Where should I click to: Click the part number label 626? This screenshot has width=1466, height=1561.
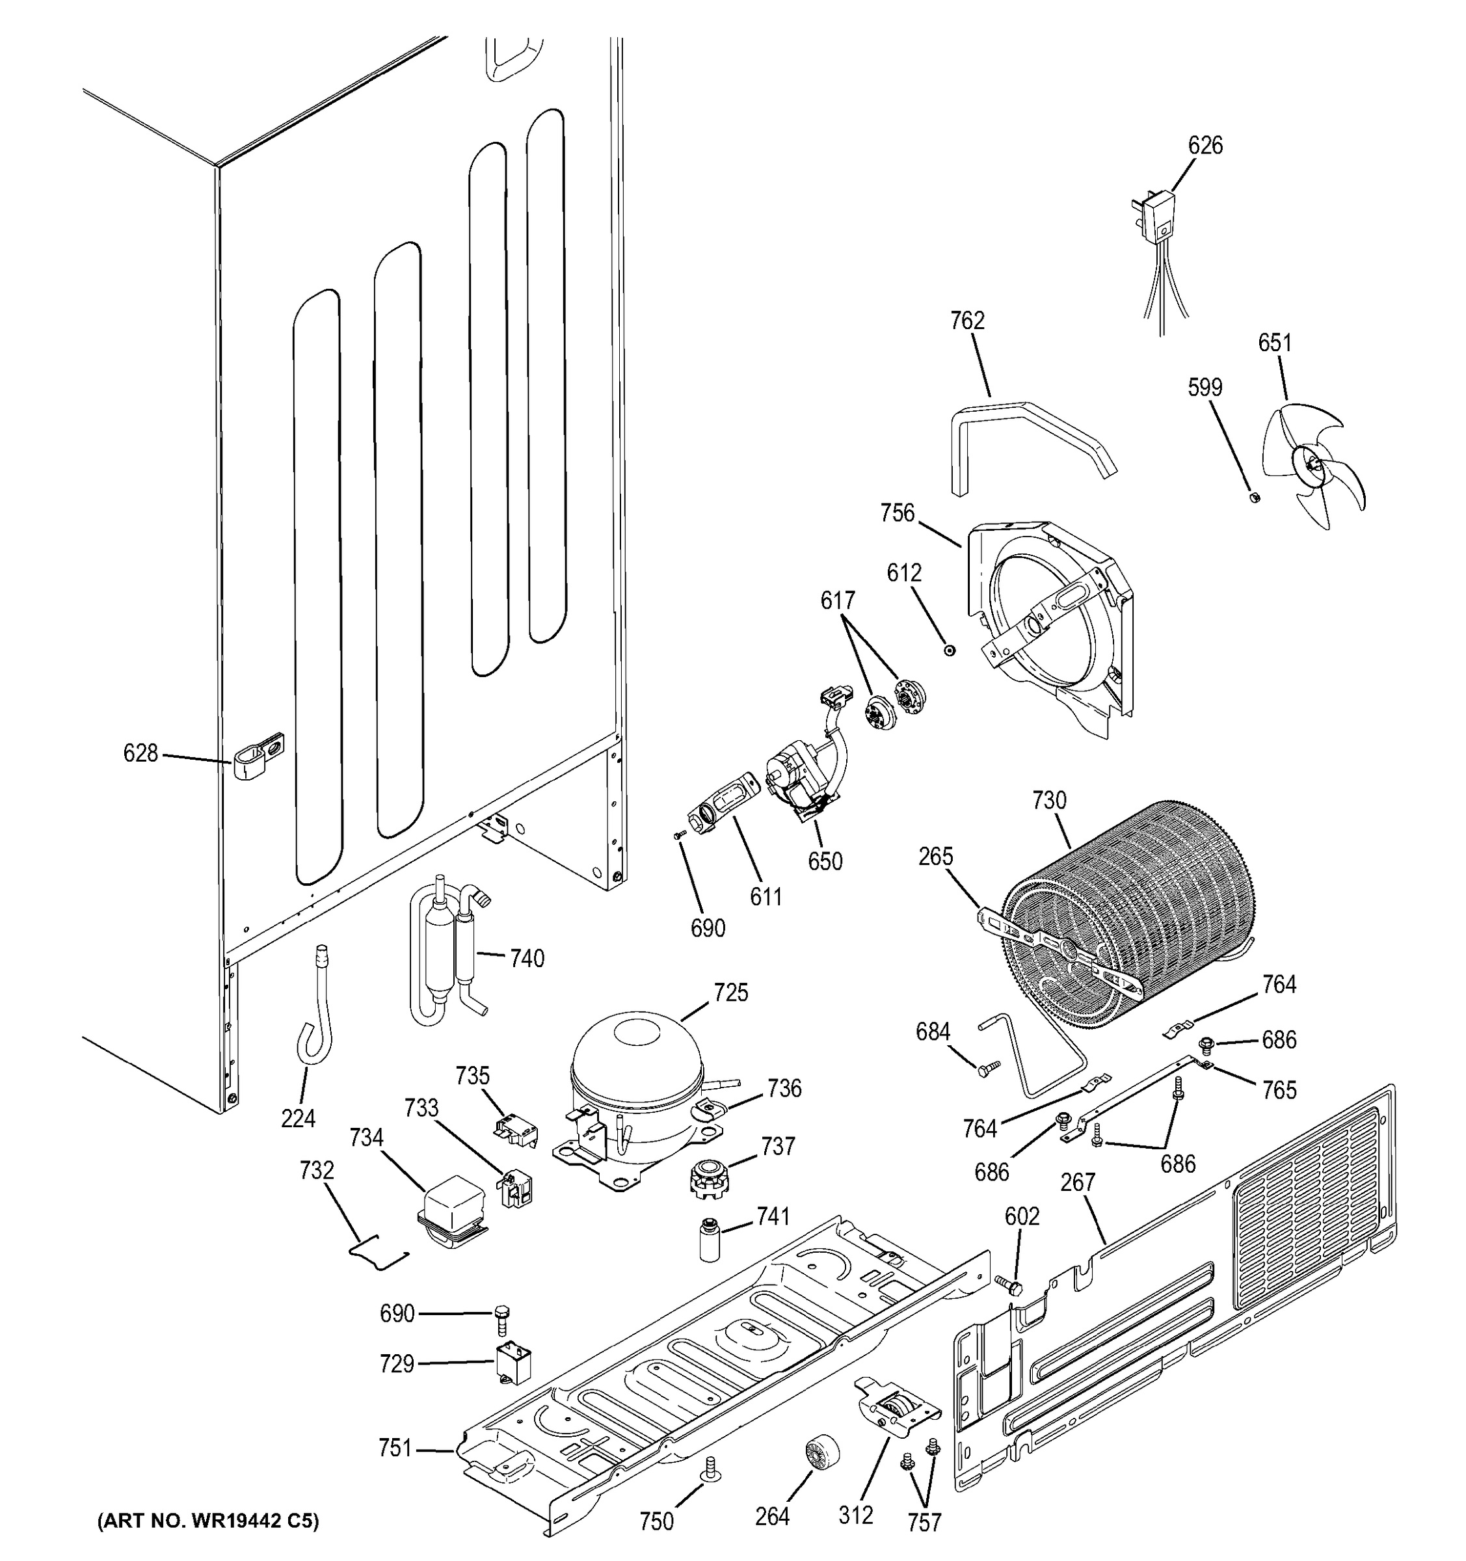pos(1205,145)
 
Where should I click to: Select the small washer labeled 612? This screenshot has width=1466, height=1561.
pos(950,650)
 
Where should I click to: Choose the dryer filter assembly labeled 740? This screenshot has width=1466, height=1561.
pos(444,954)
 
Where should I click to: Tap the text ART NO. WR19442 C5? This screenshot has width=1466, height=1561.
pos(208,1521)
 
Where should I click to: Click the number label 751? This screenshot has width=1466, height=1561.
pos(395,1447)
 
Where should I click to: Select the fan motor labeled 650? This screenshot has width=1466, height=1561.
pos(801,777)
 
